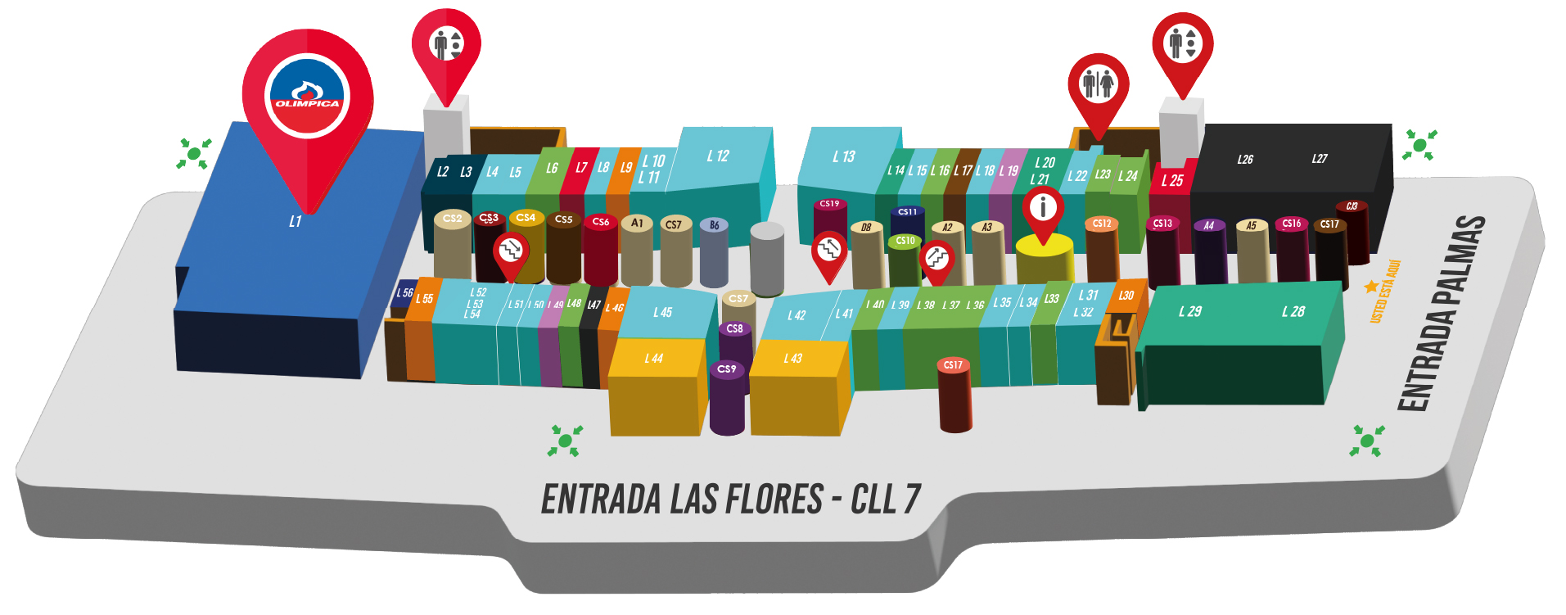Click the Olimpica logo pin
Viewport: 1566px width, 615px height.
pyautogui.click(x=308, y=97)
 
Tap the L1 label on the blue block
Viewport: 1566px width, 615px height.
pyautogui.click(x=296, y=222)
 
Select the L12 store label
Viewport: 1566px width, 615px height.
pyautogui.click(x=718, y=156)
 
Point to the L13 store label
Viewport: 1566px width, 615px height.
pyautogui.click(x=844, y=156)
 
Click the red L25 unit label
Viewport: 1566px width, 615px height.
pyautogui.click(x=1172, y=181)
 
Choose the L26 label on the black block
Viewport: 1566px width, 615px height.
pyautogui.click(x=1245, y=160)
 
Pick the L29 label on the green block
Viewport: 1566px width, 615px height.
pyautogui.click(x=1190, y=311)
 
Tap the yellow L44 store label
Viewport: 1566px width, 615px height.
pyautogui.click(x=653, y=359)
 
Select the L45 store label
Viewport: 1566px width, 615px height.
pyautogui.click(x=662, y=312)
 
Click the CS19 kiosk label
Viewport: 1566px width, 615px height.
pyautogui.click(x=829, y=204)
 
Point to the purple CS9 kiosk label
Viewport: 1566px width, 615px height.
pyautogui.click(x=726, y=369)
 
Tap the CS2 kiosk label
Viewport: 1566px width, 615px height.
pyautogui.click(x=452, y=219)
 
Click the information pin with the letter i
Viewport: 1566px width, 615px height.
pyautogui.click(x=1043, y=208)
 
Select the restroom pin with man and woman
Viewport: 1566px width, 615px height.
pyautogui.click(x=1098, y=84)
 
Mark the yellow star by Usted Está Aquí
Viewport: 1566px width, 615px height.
pyautogui.click(x=1371, y=287)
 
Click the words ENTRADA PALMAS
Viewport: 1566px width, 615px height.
pyautogui.click(x=1442, y=313)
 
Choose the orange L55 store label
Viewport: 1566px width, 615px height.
pyautogui.click(x=424, y=299)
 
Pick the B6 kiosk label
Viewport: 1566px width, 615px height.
pyautogui.click(x=715, y=225)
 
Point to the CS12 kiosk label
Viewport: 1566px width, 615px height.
pyautogui.click(x=1102, y=224)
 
